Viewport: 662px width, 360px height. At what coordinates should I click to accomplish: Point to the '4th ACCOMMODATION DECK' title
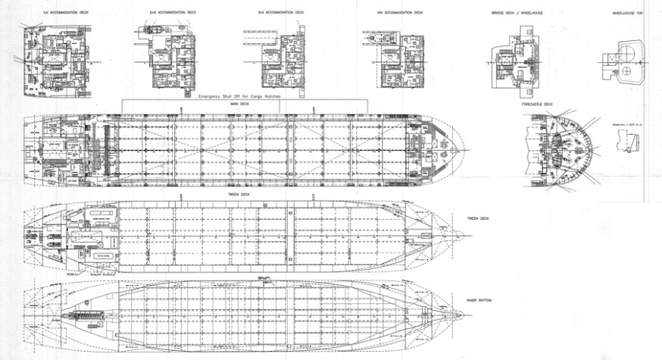point(401,13)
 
